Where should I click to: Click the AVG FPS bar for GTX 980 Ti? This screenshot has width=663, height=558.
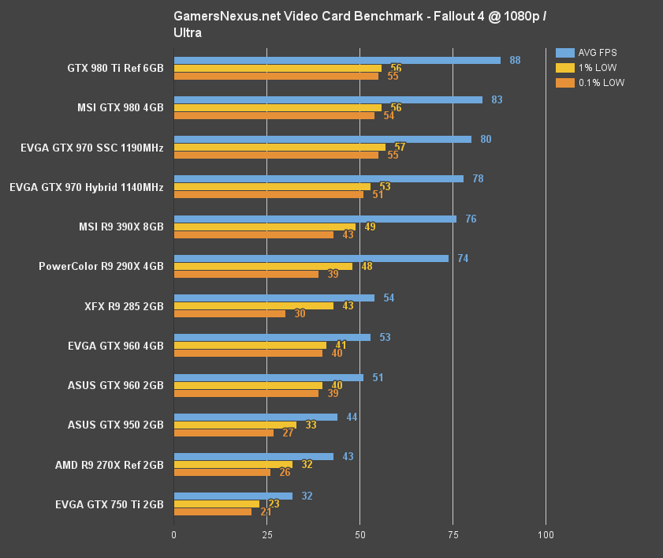[x=337, y=60]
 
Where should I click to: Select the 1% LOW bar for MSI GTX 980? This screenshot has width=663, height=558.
[x=277, y=108]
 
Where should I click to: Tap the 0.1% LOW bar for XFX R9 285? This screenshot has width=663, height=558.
[x=229, y=313]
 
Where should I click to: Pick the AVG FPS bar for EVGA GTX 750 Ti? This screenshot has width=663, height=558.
[x=233, y=496]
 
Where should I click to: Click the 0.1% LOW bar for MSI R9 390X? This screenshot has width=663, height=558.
[x=253, y=234]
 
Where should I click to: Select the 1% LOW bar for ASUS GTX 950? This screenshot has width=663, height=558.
[x=235, y=425]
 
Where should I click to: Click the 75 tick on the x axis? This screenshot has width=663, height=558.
[x=453, y=534]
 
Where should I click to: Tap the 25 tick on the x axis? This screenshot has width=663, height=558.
[x=266, y=534]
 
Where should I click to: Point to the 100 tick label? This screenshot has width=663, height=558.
[x=546, y=534]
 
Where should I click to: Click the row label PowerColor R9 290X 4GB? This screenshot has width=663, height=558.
[x=101, y=267]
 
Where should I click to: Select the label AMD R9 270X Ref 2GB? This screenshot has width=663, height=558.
[x=110, y=465]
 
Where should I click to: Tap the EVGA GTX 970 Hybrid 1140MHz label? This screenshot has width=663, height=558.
[x=87, y=188]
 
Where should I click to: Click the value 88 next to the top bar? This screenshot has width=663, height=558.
[x=515, y=60]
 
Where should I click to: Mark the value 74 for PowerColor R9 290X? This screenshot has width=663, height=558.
[x=463, y=258]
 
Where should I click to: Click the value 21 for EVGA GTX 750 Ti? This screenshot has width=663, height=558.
[x=266, y=511]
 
